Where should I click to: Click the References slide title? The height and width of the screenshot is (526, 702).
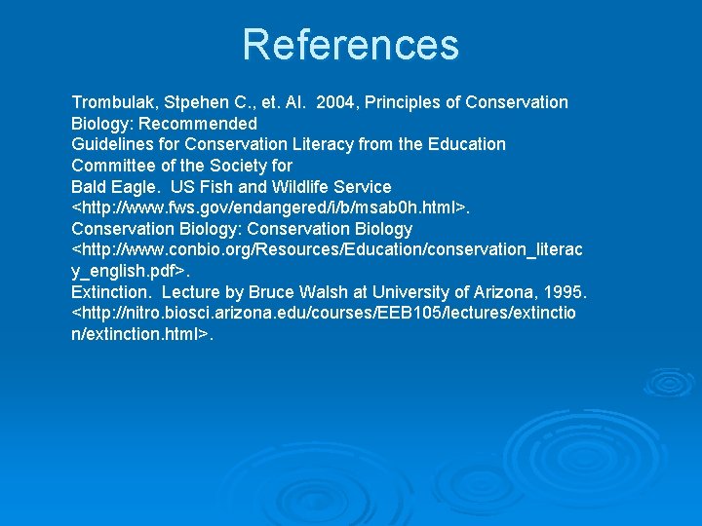[350, 45]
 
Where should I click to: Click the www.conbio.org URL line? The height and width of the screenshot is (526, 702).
[327, 250]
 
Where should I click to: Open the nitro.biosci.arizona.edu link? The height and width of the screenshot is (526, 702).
[327, 314]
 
